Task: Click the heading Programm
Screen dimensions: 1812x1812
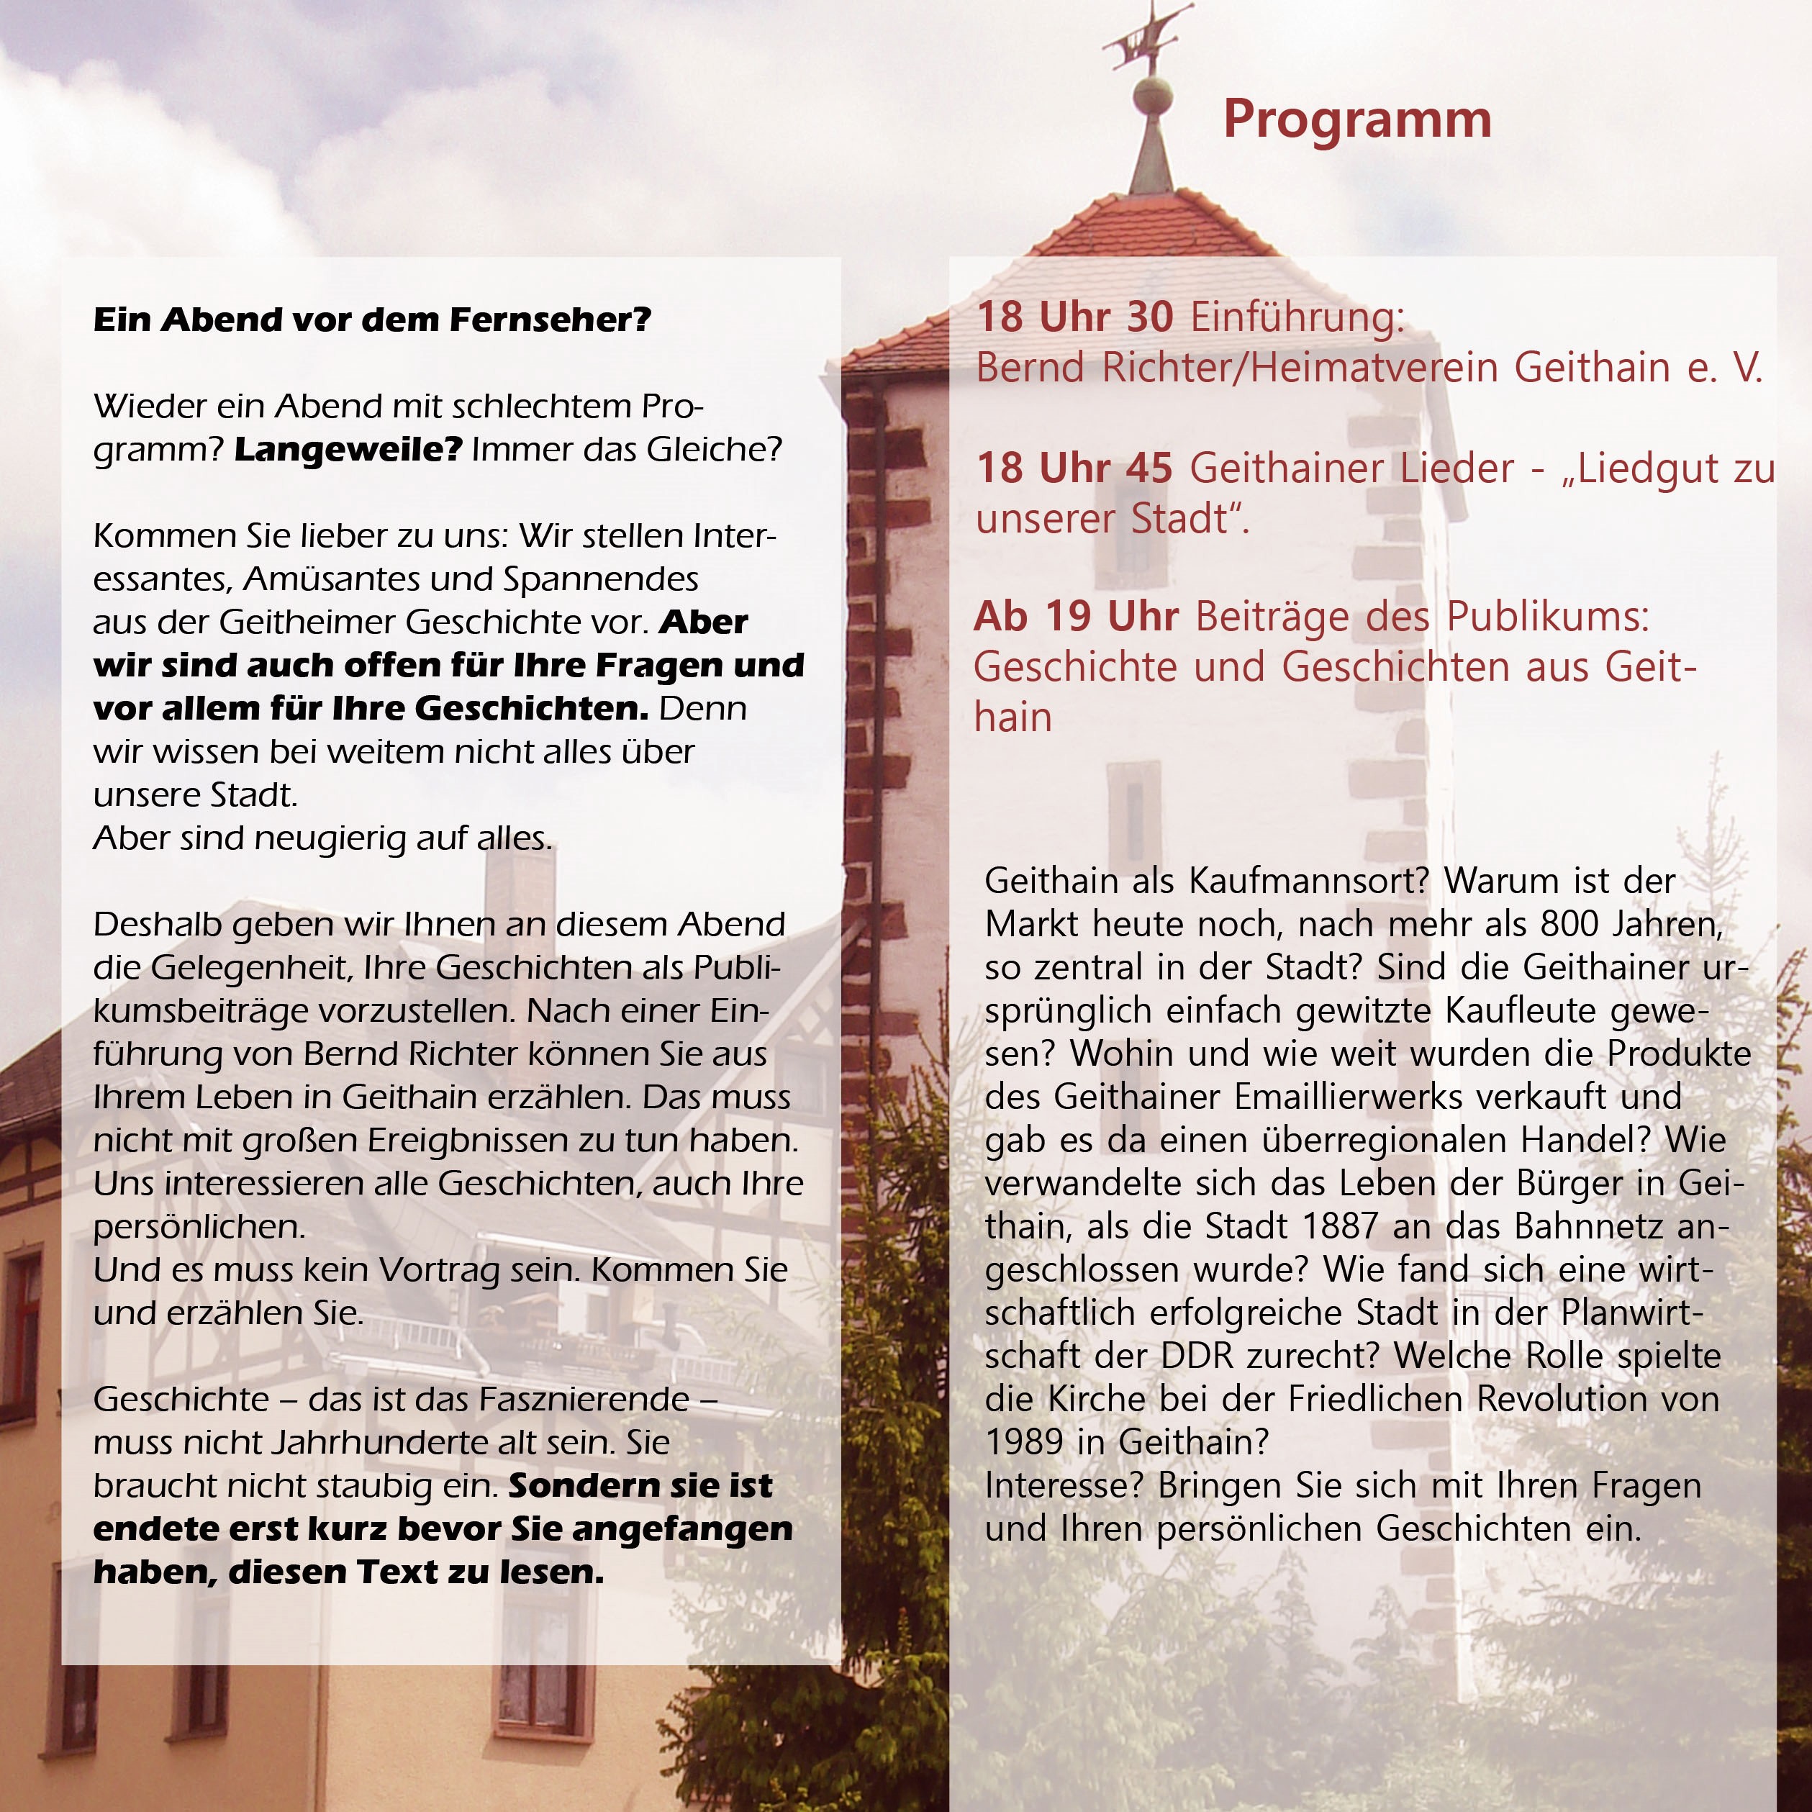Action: (x=1356, y=120)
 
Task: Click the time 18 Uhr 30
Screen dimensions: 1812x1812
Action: (x=1075, y=317)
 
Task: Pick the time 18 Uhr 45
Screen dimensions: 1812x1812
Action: (x=1075, y=468)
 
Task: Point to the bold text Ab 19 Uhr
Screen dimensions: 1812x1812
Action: (x=1076, y=616)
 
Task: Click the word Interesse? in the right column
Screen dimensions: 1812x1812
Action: (x=1066, y=1485)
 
